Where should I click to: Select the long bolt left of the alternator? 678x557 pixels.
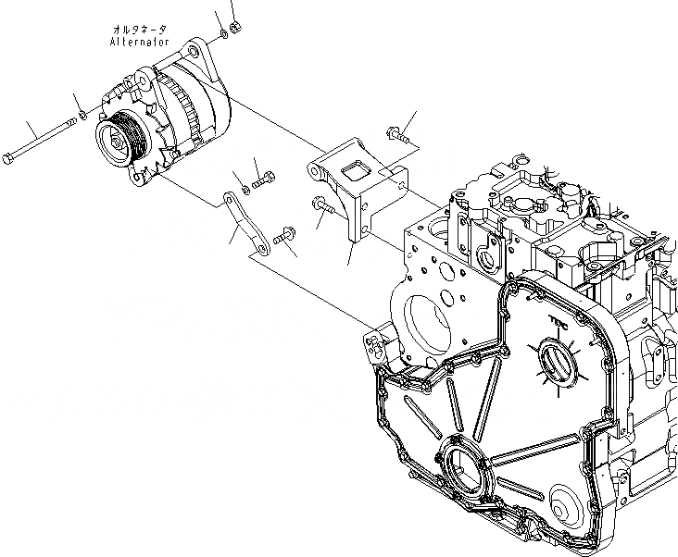pos(41,140)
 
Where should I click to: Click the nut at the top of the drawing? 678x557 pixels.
pos(235,28)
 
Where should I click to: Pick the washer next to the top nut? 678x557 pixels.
pos(224,38)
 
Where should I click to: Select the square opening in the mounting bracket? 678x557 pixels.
pos(355,167)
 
